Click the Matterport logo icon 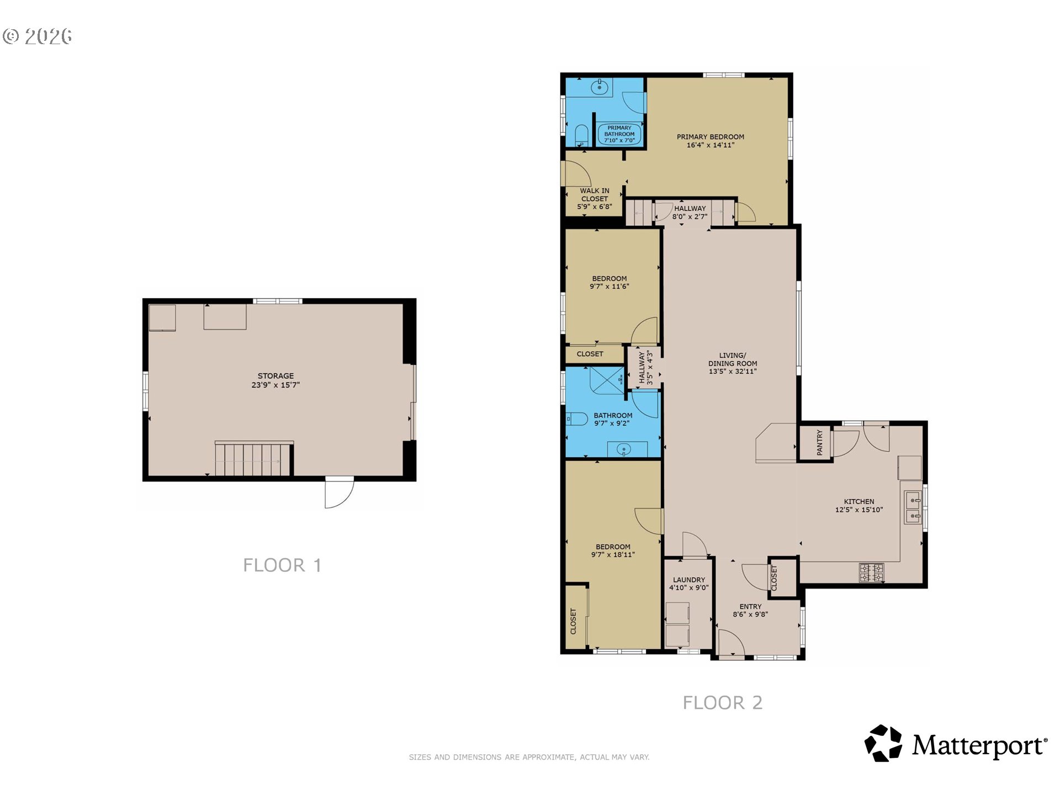tap(883, 743)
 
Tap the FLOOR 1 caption tap(282, 565)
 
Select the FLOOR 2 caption tap(723, 703)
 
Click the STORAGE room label tap(275, 376)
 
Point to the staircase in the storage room tap(253, 458)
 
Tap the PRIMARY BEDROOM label tap(711, 137)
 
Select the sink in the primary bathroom tap(600, 87)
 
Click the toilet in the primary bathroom tap(581, 135)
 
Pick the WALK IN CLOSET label tap(595, 195)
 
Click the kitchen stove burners tap(871, 572)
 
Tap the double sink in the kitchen tap(912, 508)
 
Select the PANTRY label tap(820, 443)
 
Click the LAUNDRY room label tap(689, 580)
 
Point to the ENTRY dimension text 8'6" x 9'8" tap(750, 614)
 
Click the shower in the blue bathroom tap(606, 380)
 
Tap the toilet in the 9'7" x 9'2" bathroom tap(576, 418)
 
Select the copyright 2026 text tap(38, 36)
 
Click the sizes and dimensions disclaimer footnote tap(529, 757)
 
